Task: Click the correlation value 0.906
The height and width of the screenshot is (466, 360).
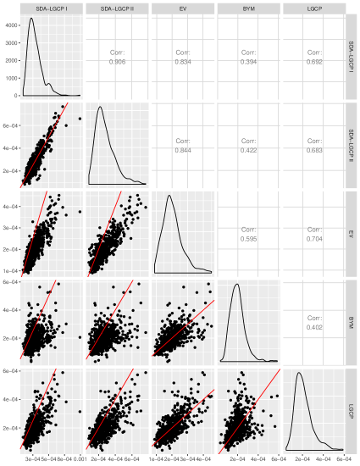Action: coord(118,62)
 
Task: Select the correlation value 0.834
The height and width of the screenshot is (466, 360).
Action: coord(182,62)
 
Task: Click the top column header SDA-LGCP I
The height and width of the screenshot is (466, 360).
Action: coord(53,8)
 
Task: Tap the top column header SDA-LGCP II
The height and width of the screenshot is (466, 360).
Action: coord(118,8)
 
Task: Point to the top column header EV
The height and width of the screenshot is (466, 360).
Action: coord(182,8)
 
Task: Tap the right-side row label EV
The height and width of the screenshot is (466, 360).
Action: coord(352,232)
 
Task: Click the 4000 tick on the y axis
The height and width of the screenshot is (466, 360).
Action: coord(11,24)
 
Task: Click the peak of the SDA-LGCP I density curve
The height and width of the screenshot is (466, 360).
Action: coord(31,19)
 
